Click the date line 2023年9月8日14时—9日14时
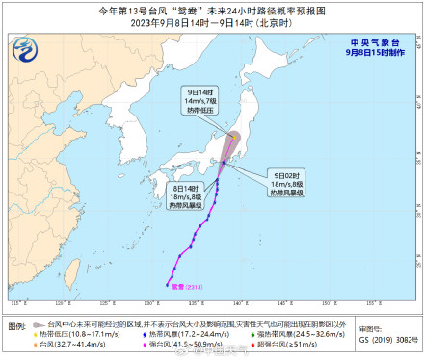click(x=211, y=22)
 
